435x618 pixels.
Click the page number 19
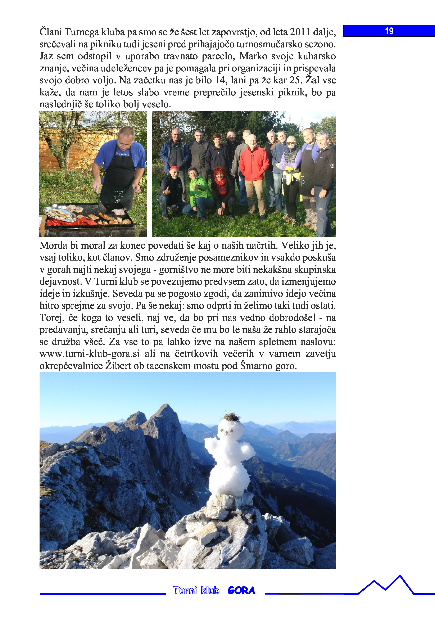pyautogui.click(x=389, y=31)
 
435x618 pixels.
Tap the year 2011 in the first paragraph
pyautogui.click(x=300, y=32)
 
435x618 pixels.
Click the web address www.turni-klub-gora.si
pyautogui.click(x=90, y=353)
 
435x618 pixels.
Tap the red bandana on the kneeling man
pyautogui.click(x=174, y=168)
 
